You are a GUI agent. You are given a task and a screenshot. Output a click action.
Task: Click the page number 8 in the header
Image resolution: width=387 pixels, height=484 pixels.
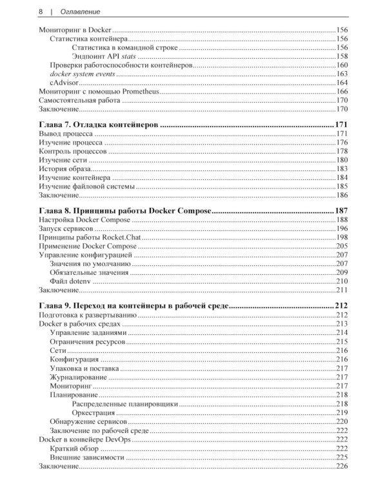pos(41,11)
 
